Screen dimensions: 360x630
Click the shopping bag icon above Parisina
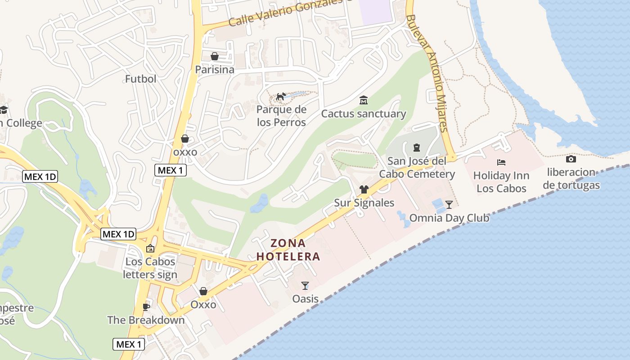[215, 56]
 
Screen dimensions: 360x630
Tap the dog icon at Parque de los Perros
[281, 96]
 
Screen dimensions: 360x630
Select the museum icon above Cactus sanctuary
[363, 100]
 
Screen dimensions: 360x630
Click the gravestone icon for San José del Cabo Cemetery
[416, 147]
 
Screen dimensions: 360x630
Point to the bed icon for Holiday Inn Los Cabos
[501, 162]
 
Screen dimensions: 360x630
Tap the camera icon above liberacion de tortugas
[571, 159]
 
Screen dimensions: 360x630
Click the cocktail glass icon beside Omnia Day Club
[449, 205]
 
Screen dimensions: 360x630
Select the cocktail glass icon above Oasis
[305, 285]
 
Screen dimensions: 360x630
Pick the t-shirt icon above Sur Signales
[364, 189]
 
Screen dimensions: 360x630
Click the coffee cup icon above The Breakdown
[146, 307]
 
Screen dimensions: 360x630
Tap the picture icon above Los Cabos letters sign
[150, 248]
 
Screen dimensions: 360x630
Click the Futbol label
[140, 79]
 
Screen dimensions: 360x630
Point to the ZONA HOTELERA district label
[288, 250]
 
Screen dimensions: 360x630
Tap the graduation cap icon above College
[4, 109]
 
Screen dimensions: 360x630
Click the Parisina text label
[215, 70]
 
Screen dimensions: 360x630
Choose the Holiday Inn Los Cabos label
[501, 182]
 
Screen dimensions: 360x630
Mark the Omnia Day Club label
[449, 218]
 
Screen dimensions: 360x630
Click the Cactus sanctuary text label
[363, 114]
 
